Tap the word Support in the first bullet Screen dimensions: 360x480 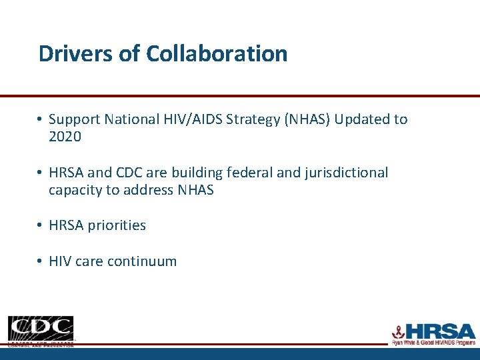click(x=74, y=119)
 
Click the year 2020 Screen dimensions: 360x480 click(x=65, y=137)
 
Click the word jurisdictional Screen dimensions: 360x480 click(x=346, y=173)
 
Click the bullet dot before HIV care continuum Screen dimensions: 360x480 click(x=41, y=261)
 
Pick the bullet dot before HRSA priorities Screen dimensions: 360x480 click(x=41, y=225)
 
